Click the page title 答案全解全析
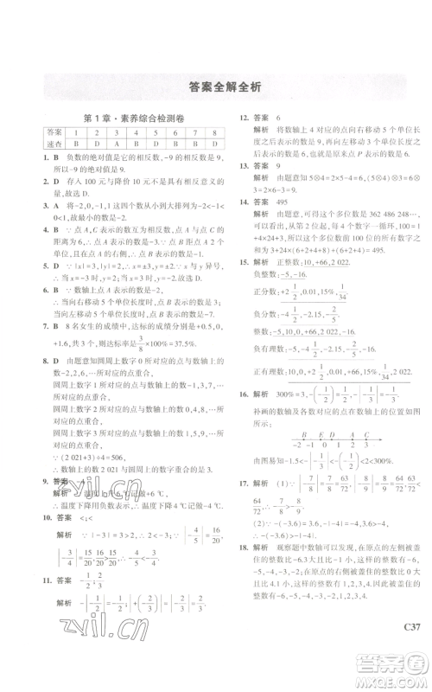pyautogui.click(x=216, y=86)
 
